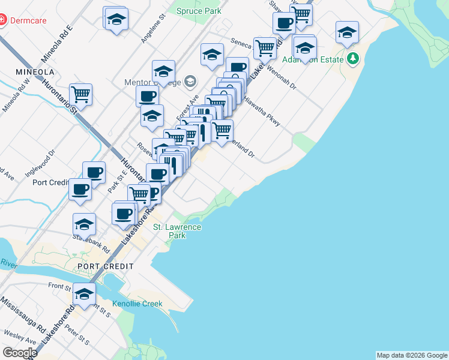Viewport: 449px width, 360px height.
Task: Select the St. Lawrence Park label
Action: click(x=177, y=231)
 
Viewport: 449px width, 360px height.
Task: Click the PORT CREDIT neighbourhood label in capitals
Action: click(x=105, y=266)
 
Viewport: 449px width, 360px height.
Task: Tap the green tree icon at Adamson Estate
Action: click(x=354, y=59)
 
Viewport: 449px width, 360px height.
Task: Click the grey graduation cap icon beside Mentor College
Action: click(x=190, y=82)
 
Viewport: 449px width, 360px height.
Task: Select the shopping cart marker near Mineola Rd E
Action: click(x=80, y=94)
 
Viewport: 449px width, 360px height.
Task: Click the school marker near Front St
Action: click(x=84, y=294)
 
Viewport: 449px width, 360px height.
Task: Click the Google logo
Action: click(x=19, y=352)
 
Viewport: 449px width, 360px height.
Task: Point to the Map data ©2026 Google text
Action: click(x=411, y=355)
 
